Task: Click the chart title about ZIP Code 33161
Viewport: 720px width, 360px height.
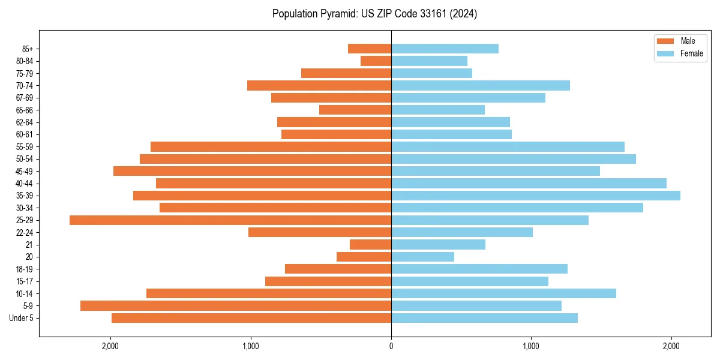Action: click(x=374, y=14)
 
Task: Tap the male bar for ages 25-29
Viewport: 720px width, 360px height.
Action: click(x=230, y=220)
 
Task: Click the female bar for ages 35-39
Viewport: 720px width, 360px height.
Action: click(x=536, y=196)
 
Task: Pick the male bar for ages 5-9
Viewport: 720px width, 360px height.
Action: click(x=236, y=306)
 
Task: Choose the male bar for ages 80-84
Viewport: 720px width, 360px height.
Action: click(x=376, y=61)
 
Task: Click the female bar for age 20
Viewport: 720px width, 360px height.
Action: click(x=422, y=257)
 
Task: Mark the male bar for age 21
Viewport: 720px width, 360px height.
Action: click(x=370, y=245)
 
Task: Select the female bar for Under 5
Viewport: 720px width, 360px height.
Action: click(x=484, y=318)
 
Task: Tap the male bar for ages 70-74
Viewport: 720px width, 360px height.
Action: click(x=319, y=86)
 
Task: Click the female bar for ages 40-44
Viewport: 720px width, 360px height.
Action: click(x=529, y=184)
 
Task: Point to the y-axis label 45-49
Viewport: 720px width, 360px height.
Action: click(x=24, y=171)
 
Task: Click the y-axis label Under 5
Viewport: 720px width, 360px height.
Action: click(x=22, y=318)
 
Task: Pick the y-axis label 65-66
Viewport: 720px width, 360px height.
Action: click(x=24, y=110)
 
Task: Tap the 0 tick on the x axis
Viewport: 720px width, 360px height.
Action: click(x=391, y=346)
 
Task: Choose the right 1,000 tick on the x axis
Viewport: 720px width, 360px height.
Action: click(x=531, y=346)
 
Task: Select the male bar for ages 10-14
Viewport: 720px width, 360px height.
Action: click(x=269, y=293)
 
